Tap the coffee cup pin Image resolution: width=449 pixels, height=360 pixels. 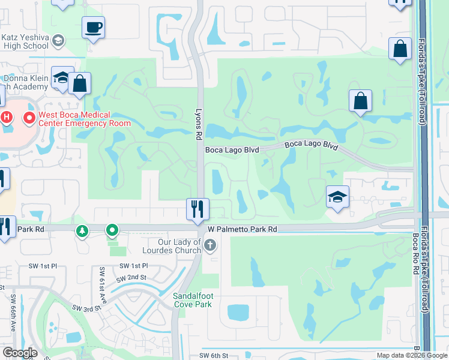click(94, 28)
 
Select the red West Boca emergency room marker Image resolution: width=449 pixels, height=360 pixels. click(29, 118)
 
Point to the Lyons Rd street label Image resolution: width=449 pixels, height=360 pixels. click(198, 124)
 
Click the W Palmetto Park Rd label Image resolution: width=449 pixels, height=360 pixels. click(243, 229)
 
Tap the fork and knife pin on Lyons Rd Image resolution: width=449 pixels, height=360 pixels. click(197, 209)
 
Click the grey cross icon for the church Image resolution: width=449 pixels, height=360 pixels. click(209, 245)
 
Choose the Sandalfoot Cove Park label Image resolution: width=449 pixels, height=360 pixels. click(193, 300)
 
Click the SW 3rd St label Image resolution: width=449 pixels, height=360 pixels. click(86, 308)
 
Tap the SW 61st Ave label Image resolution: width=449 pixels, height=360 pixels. click(102, 284)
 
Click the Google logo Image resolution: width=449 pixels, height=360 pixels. click(19, 353)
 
